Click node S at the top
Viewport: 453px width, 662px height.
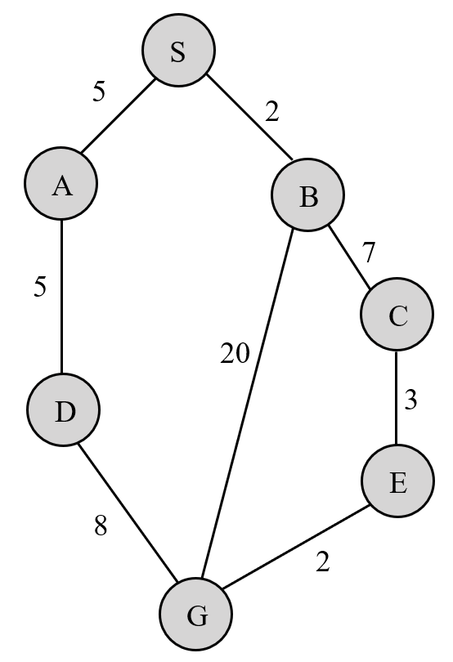tap(178, 51)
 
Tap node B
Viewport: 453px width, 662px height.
tap(308, 196)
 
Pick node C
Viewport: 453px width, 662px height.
tap(397, 315)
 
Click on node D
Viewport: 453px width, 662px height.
tap(64, 411)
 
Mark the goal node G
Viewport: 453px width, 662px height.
tap(196, 615)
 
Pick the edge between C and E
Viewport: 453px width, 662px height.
tap(397, 399)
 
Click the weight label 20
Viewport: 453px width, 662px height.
tap(235, 355)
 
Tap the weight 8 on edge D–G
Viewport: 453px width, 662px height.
tap(101, 526)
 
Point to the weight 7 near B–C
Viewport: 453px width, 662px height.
tap(370, 253)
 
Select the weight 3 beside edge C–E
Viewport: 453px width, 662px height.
tap(411, 400)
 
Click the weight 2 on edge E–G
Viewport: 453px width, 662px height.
tap(323, 563)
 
